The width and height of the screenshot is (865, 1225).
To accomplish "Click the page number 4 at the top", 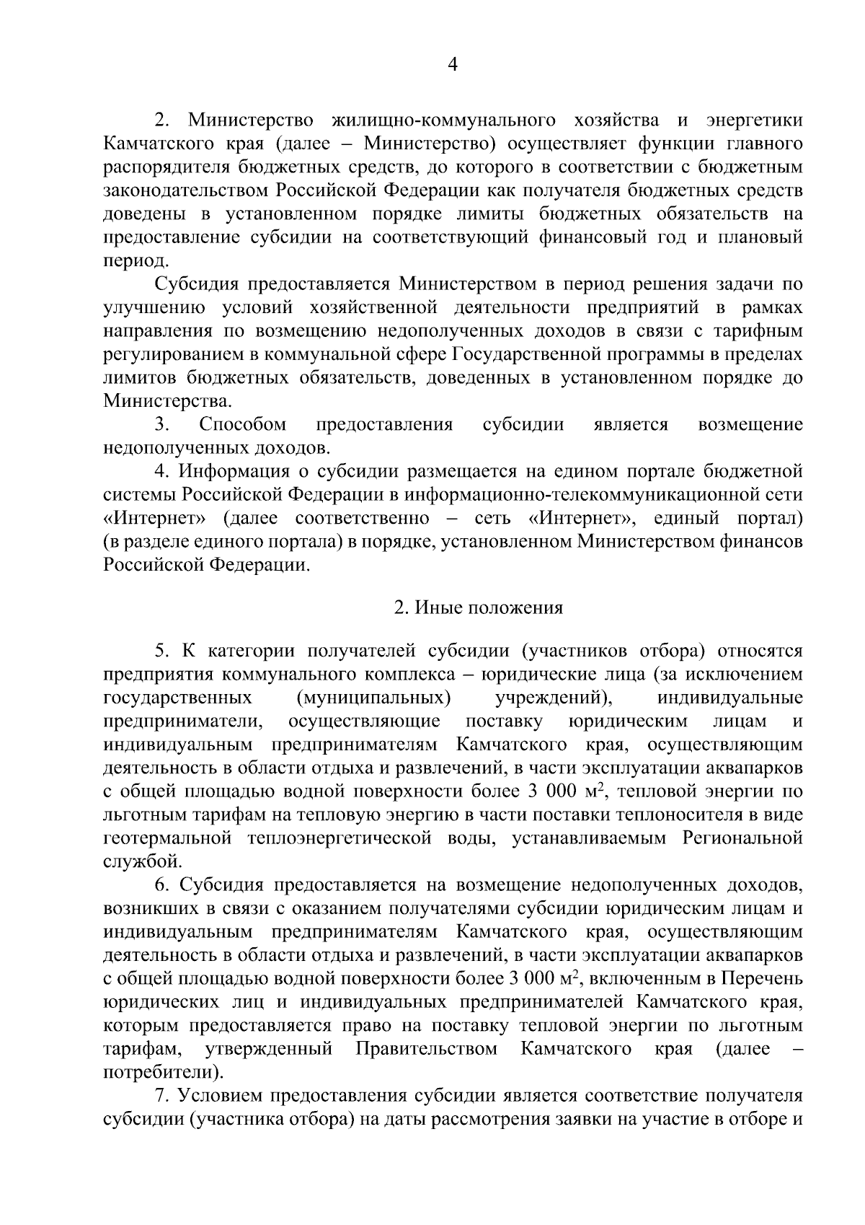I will (x=453, y=64).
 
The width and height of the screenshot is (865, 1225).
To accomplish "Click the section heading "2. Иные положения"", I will (x=478, y=607).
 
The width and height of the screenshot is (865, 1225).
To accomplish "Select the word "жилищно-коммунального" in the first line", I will (x=444, y=120).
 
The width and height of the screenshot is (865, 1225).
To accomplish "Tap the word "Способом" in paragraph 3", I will (x=243, y=424).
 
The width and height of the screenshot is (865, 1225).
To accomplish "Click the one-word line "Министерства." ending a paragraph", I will (x=168, y=401).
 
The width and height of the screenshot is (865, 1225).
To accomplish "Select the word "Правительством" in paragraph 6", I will (x=427, y=1048).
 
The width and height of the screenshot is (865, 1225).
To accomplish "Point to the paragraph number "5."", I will (x=161, y=651).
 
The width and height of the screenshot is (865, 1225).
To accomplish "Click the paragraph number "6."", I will (x=161, y=885).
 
